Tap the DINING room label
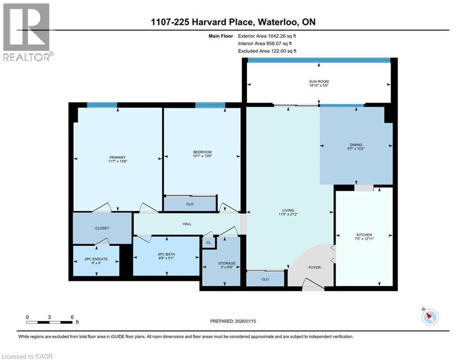[x=355, y=145]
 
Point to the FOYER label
[x=314, y=268]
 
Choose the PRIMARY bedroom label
[x=118, y=157]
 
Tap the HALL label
[x=187, y=224]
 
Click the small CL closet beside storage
[x=208, y=242]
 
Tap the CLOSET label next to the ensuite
[x=102, y=228]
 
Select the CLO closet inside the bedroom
[x=190, y=204]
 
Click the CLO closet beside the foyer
[x=265, y=278]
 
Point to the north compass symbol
[x=429, y=317]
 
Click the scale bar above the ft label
[x=50, y=322]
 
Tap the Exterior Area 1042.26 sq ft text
[x=267, y=36]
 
